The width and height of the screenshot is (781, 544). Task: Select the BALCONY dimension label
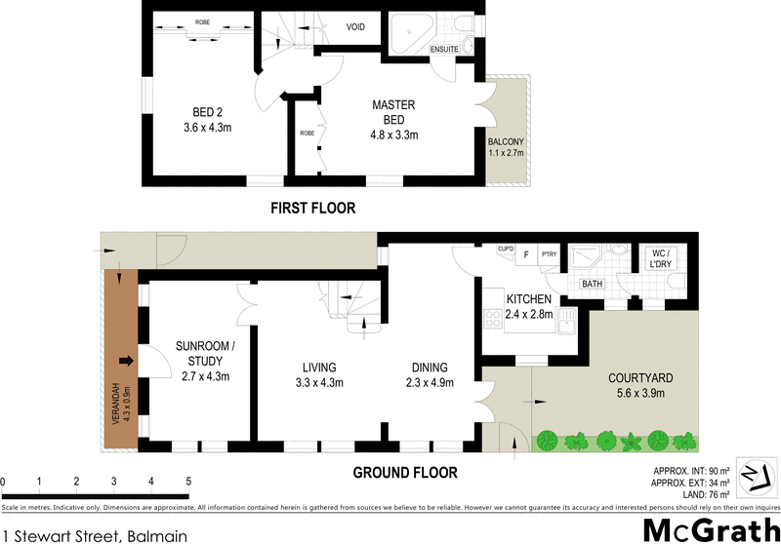506,147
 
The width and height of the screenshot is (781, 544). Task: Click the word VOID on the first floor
355,27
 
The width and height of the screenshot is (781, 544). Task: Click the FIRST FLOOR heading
313,208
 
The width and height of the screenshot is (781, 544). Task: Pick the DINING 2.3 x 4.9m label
431,375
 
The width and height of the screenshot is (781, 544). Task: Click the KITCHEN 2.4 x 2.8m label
529,306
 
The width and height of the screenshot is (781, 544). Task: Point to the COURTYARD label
641,385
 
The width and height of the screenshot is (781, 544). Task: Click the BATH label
593,284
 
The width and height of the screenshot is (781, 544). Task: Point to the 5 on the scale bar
187,482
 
